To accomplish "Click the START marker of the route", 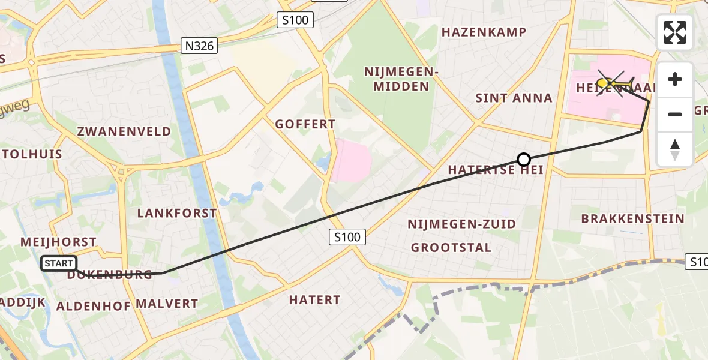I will click(59, 263).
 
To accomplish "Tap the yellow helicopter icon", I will click(614, 83).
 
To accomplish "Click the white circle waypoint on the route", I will click(524, 160).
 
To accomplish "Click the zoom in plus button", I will click(675, 79).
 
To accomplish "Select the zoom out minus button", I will click(675, 114).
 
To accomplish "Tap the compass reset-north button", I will click(675, 149).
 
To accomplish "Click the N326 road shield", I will click(199, 46).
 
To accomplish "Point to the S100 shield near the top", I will click(295, 20).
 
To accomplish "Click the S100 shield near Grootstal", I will click(347, 237).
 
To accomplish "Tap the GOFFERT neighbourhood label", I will click(305, 124).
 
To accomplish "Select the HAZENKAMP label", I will click(484, 32).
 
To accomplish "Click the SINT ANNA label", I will click(514, 98).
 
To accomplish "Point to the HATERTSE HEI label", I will click(496, 170).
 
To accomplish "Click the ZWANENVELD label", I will click(124, 131).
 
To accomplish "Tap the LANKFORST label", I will click(177, 213).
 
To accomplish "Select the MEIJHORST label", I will click(58, 242).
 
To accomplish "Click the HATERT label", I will click(314, 299).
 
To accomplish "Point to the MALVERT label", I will click(167, 304).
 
